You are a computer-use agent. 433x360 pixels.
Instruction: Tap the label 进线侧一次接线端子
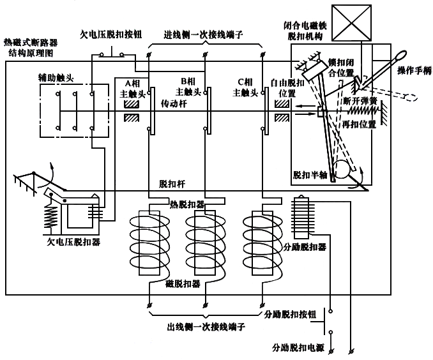tap(205, 34)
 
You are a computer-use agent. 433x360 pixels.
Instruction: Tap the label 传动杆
tap(173, 102)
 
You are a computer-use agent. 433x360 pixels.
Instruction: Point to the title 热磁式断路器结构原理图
tap(31, 47)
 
